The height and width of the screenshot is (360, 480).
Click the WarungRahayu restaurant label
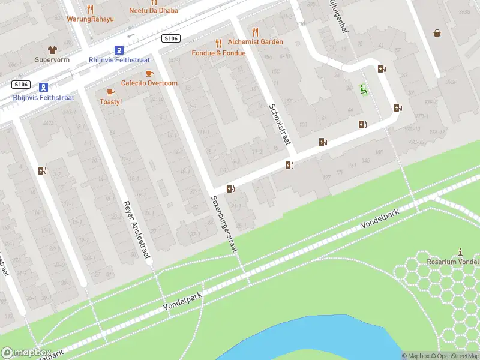89,19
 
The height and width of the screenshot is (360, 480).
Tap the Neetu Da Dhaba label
154,11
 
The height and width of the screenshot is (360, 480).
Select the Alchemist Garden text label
254,42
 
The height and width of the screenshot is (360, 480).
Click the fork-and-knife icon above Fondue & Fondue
218,43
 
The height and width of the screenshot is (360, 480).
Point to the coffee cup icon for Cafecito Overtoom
149,73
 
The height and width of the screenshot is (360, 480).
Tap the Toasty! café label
110,101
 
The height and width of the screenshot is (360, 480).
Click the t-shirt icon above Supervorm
52,49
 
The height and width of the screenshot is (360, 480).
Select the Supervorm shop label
52,60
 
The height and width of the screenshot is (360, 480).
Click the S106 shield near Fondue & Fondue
171,38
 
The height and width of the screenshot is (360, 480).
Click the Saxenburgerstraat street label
225,226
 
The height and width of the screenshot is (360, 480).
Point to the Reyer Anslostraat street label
136,230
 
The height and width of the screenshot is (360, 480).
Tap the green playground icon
363,89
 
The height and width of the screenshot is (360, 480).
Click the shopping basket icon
437,32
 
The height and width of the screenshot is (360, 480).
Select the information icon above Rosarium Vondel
460,252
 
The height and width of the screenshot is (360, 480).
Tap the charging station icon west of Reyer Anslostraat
41,171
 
